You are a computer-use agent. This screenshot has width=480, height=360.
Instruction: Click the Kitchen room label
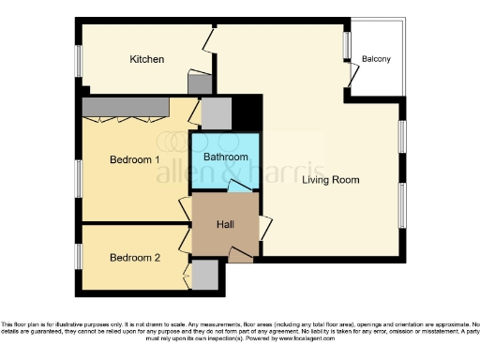coord(147,59)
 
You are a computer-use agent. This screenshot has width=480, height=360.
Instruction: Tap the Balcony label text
coord(376,60)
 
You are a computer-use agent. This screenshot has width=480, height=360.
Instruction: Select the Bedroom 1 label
coord(134,160)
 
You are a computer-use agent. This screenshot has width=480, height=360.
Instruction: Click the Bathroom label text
coord(226,157)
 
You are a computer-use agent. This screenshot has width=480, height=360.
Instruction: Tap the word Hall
coord(225,224)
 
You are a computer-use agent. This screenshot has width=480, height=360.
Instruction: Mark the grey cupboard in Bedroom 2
coord(205,277)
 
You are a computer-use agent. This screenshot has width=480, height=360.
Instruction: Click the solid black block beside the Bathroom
coord(246,113)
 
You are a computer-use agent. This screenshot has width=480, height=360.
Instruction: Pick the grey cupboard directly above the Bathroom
coord(216,113)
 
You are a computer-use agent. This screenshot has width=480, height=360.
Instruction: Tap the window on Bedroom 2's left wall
coord(78,256)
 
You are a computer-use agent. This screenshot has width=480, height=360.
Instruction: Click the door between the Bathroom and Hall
coord(240,187)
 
